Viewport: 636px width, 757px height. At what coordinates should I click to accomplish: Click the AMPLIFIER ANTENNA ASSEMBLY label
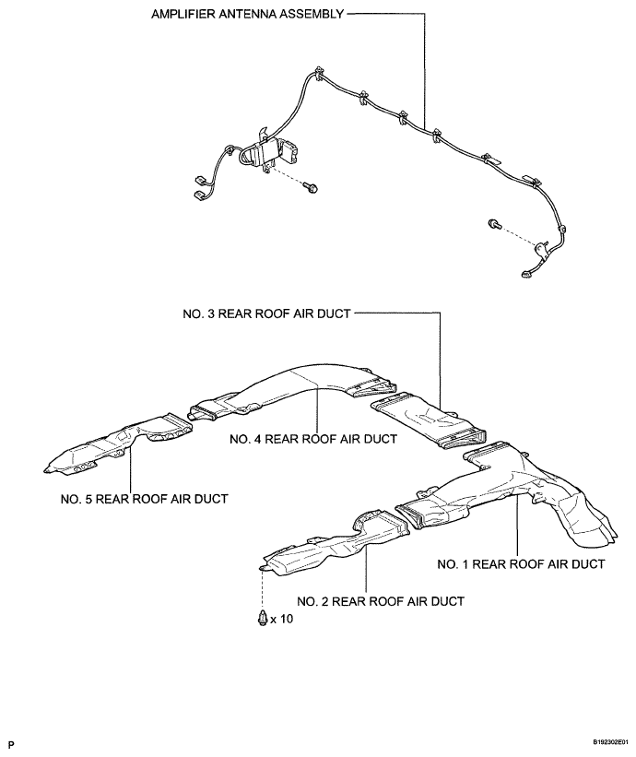coord(248,14)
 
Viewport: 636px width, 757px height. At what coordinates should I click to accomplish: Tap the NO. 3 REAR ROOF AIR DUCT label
coord(266,313)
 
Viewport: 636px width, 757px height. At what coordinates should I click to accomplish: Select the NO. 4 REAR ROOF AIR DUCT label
coord(313,439)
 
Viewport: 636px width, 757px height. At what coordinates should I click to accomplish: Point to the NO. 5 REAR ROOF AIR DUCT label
coord(145,499)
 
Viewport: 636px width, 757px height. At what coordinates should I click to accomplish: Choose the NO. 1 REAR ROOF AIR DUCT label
coord(521,564)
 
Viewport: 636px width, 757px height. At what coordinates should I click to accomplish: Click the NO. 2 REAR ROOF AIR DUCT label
coord(381,601)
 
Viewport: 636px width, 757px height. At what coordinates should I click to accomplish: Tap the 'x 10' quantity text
coord(281,619)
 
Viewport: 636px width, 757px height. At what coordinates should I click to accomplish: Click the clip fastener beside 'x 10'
coord(263,619)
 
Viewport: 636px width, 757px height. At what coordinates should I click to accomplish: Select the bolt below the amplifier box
coord(310,186)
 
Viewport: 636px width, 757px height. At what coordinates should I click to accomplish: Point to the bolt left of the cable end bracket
coord(494,223)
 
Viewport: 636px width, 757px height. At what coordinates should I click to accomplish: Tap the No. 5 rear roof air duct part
coord(117,445)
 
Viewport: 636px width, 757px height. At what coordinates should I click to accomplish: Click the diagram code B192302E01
coord(611,741)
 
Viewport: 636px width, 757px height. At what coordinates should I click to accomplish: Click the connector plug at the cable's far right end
coord(525,275)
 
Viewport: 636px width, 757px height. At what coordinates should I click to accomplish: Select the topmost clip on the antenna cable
coord(317,73)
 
